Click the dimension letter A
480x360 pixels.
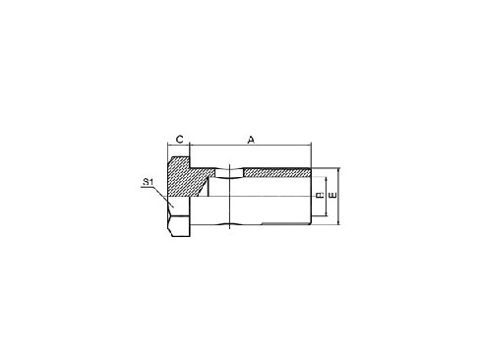click(x=251, y=141)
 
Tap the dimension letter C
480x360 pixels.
click(x=178, y=141)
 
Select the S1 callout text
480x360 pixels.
click(x=147, y=182)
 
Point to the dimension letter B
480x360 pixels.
click(x=320, y=197)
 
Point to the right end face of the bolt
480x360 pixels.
click(x=311, y=197)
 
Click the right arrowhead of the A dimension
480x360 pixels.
click(x=308, y=148)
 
